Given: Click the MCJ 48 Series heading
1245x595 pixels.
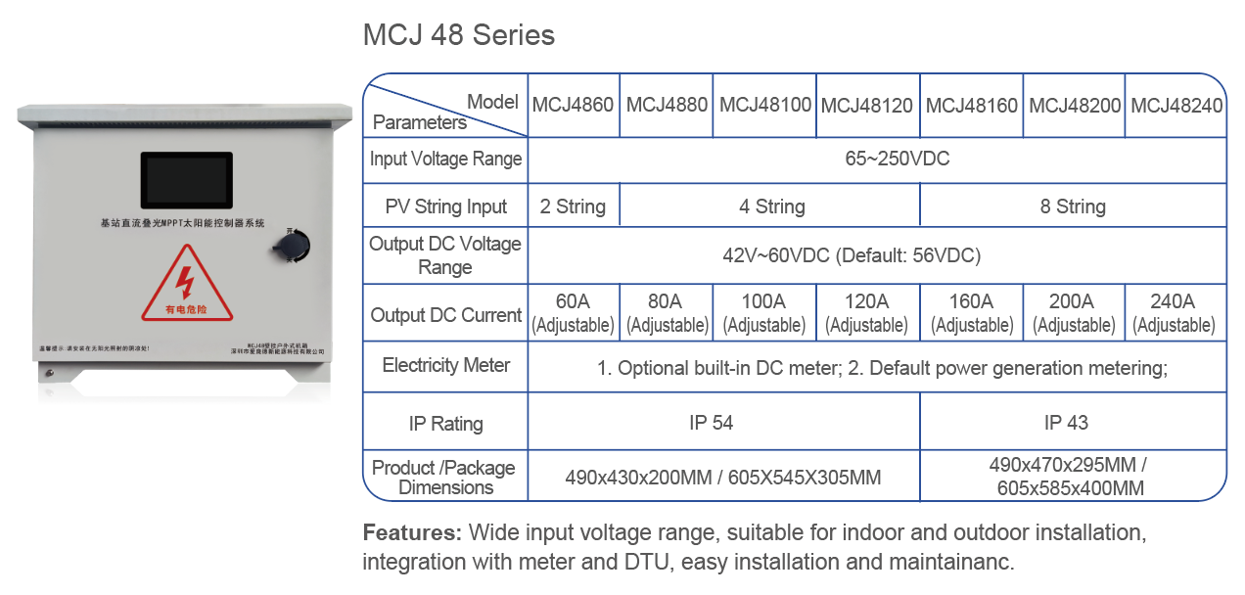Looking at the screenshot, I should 458,35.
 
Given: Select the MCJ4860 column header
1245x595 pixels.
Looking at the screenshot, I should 573,105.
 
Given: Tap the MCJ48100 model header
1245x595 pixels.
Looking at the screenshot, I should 765,105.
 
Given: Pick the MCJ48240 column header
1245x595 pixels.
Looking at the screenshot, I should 1176,105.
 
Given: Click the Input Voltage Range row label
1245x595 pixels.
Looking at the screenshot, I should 445,159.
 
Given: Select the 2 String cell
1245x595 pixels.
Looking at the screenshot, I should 573,206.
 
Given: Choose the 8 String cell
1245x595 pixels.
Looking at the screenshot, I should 1073,206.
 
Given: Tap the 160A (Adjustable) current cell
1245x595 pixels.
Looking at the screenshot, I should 971,313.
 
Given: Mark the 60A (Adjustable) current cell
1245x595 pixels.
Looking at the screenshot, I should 573,313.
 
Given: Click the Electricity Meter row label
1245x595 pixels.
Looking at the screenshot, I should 445,366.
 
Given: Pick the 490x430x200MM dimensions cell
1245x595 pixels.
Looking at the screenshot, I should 722,478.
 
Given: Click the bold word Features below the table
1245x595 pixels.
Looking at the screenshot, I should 411,533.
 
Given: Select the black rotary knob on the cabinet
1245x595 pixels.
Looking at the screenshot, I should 291,245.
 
